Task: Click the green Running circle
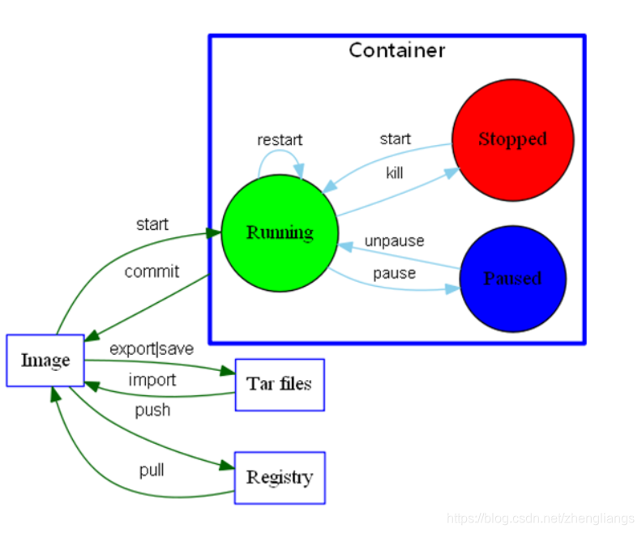pos(280,233)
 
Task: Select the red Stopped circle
pos(512,140)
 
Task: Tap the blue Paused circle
pos(513,279)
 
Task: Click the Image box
pos(45,360)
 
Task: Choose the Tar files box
pos(280,385)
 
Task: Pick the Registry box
pos(280,478)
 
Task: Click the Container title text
pos(396,50)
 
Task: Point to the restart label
pos(280,140)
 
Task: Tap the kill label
pos(394,173)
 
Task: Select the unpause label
pos(394,241)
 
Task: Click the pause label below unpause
pos(394,273)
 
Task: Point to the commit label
pos(152,271)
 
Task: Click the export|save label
pos(152,349)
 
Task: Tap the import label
pos(152,380)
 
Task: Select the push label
pos(152,411)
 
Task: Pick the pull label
pos(152,470)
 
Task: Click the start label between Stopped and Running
pos(395,139)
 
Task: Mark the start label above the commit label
pos(152,224)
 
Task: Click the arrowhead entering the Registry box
pos(227,466)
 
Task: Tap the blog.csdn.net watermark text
pos(541,518)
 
